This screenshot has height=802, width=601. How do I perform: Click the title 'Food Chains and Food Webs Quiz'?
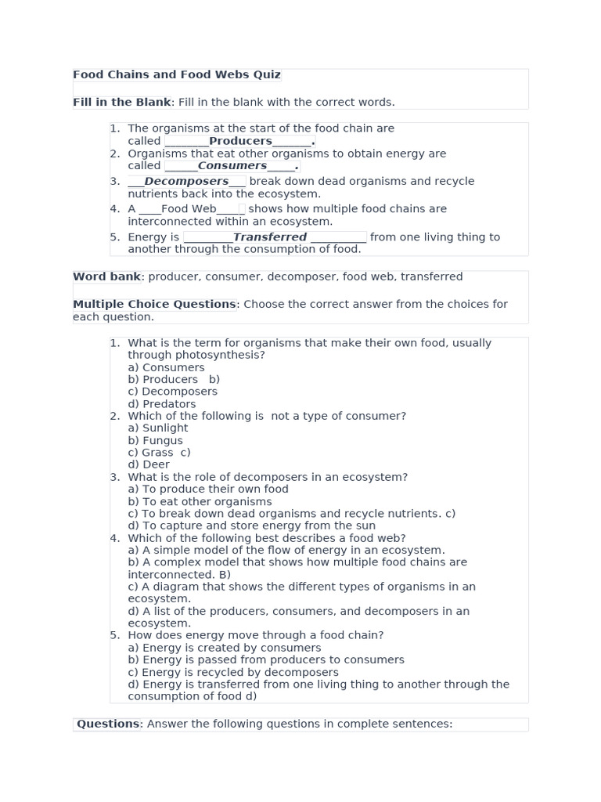176,75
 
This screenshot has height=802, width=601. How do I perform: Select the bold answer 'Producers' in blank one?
240,141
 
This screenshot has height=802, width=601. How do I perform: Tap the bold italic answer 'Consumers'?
232,166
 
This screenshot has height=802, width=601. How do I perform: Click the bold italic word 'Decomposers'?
186,182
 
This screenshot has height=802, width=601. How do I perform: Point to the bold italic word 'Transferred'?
270,237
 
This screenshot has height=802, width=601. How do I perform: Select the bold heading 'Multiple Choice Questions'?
154,304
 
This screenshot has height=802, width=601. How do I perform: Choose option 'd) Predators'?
161,404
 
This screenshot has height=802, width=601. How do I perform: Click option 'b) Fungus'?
155,441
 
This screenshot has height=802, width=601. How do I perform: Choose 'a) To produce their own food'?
208,490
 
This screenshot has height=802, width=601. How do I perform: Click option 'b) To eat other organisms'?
200,502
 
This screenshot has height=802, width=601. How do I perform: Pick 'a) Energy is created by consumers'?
224,648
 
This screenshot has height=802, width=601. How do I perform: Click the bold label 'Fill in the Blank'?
121,103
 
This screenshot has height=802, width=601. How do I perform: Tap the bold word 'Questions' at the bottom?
108,724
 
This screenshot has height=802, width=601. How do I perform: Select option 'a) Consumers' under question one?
166,367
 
